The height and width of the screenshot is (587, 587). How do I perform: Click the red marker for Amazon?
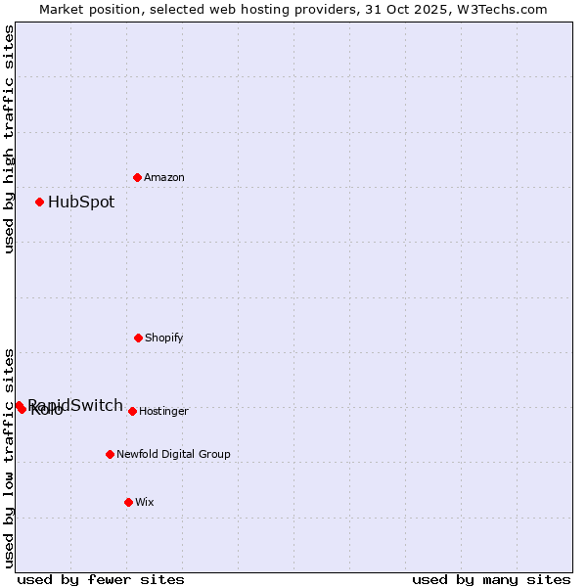tap(138, 177)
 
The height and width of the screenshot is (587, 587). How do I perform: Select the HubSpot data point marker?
tap(40, 202)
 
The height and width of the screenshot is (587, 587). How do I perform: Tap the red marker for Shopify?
tap(138, 338)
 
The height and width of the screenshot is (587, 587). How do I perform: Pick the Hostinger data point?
tap(132, 411)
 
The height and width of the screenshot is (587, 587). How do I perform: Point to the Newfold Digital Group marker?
tap(110, 454)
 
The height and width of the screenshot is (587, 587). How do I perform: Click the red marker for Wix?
tap(128, 502)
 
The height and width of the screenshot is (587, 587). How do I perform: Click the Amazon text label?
tap(164, 178)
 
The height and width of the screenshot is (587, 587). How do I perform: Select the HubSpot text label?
tap(81, 203)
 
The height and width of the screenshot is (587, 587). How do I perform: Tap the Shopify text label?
tap(164, 339)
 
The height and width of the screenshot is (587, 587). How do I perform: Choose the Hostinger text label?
tap(163, 412)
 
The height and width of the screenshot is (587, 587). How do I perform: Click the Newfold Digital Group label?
tap(174, 455)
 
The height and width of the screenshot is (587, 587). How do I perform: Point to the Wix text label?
tap(145, 503)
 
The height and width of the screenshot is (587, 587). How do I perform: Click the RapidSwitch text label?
tap(76, 405)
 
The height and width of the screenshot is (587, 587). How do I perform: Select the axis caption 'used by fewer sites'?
tap(101, 579)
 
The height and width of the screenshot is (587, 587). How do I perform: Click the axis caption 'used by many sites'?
tap(491, 579)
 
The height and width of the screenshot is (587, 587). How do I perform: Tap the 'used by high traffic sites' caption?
tap(9, 139)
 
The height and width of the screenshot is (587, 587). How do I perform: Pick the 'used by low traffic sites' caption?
tap(9, 457)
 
